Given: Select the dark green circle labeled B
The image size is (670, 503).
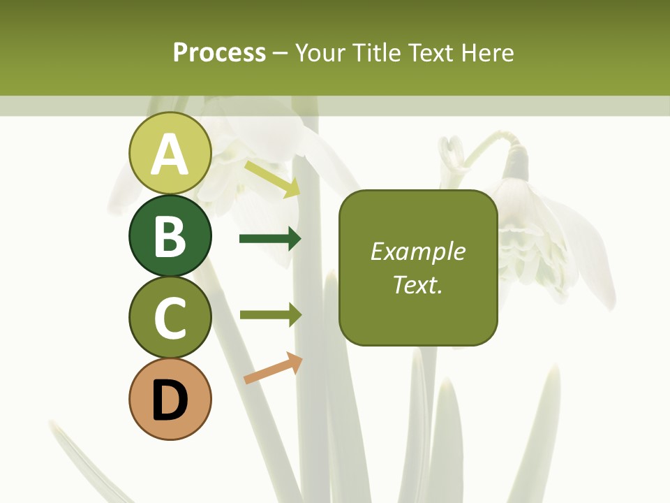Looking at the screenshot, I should click(x=170, y=235).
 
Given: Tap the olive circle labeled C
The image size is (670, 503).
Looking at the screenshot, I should click(x=170, y=317).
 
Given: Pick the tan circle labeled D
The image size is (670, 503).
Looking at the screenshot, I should click(x=170, y=399).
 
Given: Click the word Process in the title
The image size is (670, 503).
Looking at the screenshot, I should click(x=219, y=52).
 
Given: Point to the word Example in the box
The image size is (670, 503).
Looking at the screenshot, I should click(x=418, y=251).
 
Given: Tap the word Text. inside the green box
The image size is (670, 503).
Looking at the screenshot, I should click(x=418, y=284).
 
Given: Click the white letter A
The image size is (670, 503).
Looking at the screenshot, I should click(x=170, y=154).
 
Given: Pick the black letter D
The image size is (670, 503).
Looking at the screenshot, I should click(x=170, y=400).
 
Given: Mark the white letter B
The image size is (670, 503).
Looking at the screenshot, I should click(x=170, y=236).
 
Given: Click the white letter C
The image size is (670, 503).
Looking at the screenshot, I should click(x=170, y=318).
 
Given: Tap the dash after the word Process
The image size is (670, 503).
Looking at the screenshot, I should click(x=281, y=53).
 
